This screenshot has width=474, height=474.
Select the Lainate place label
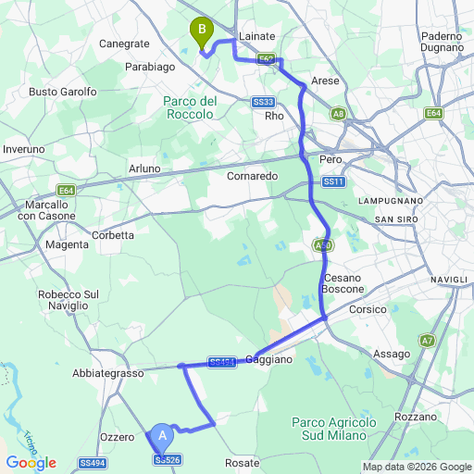pos(257,36)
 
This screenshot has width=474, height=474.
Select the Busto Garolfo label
pos(63,92)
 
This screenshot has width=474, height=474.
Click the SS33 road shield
pos(262,102)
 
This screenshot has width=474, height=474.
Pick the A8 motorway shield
pos(339,114)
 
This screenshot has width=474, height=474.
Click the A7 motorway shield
pos(427,341)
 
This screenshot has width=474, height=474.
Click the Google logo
pos(31,463)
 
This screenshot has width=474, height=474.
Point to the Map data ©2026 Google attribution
pos(416,467)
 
